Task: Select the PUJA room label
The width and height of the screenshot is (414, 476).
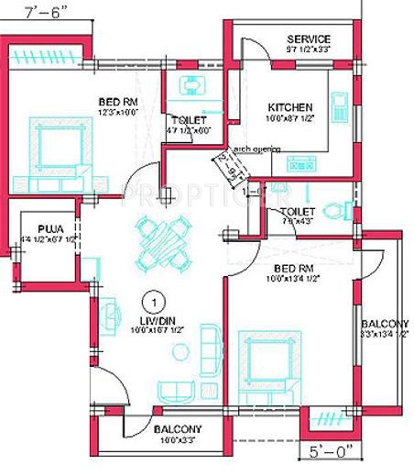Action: (x=49, y=229)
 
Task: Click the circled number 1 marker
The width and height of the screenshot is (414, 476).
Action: (x=156, y=300)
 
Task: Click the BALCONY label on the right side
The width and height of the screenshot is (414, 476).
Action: (x=384, y=324)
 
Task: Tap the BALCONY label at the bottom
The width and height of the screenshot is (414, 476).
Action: (x=177, y=429)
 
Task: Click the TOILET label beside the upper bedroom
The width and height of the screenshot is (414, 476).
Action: (x=189, y=121)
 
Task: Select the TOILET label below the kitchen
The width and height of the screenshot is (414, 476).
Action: (x=285, y=212)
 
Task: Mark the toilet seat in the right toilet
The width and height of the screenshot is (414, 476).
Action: (x=341, y=209)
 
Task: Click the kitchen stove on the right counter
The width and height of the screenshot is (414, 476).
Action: (x=339, y=107)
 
